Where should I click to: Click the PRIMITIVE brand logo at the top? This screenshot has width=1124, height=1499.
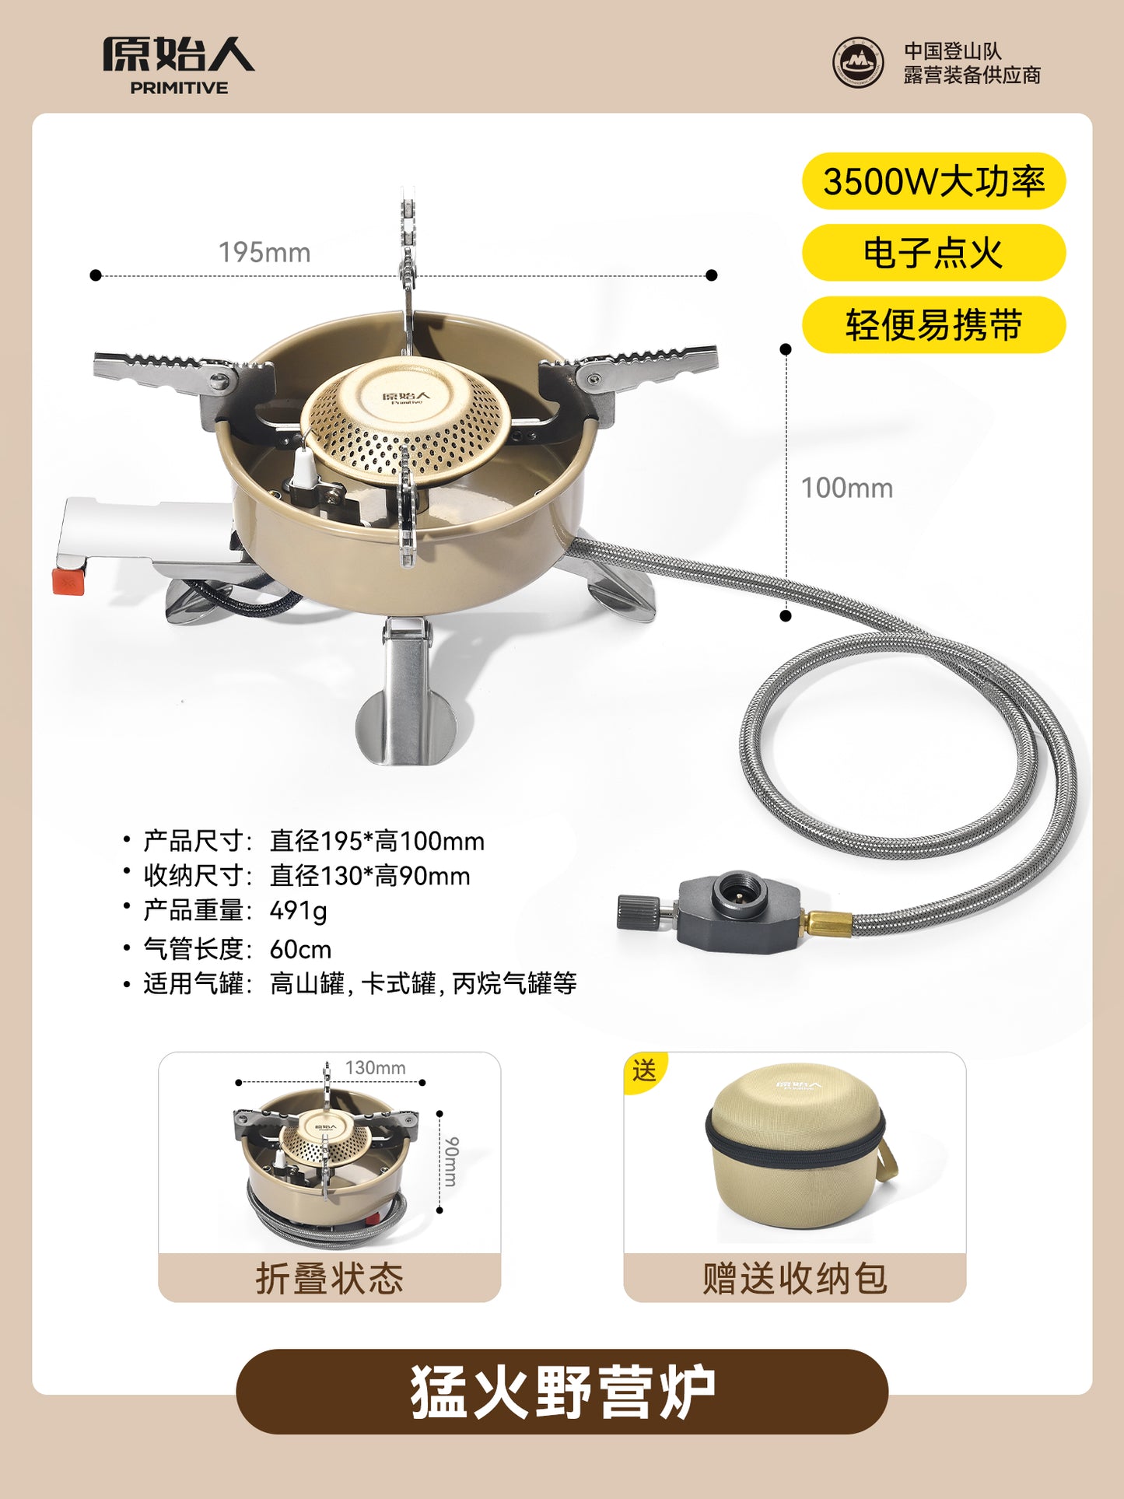pos(179,65)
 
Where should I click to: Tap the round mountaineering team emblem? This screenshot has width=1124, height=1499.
pos(858,63)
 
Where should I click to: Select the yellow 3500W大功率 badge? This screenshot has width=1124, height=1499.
pos(933,181)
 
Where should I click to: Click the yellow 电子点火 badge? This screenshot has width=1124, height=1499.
pos(933,253)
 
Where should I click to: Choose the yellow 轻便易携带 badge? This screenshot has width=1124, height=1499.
pos(933,324)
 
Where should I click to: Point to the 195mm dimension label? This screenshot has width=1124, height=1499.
pos(264,253)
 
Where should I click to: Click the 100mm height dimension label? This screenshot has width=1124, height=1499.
pos(847,489)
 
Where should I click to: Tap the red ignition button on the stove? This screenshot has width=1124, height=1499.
pos(68,580)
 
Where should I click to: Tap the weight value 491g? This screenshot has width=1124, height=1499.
pos(299,910)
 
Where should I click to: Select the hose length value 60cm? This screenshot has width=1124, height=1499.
pos(300,949)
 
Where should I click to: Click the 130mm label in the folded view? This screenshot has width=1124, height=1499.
pos(376,1067)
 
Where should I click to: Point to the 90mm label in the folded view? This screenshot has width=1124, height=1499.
pos(452,1161)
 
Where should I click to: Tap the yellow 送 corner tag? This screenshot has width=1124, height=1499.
pos(643,1070)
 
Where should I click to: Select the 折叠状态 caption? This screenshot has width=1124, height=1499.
pos(330,1278)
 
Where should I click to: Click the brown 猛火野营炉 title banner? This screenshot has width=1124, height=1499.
pos(562,1392)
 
